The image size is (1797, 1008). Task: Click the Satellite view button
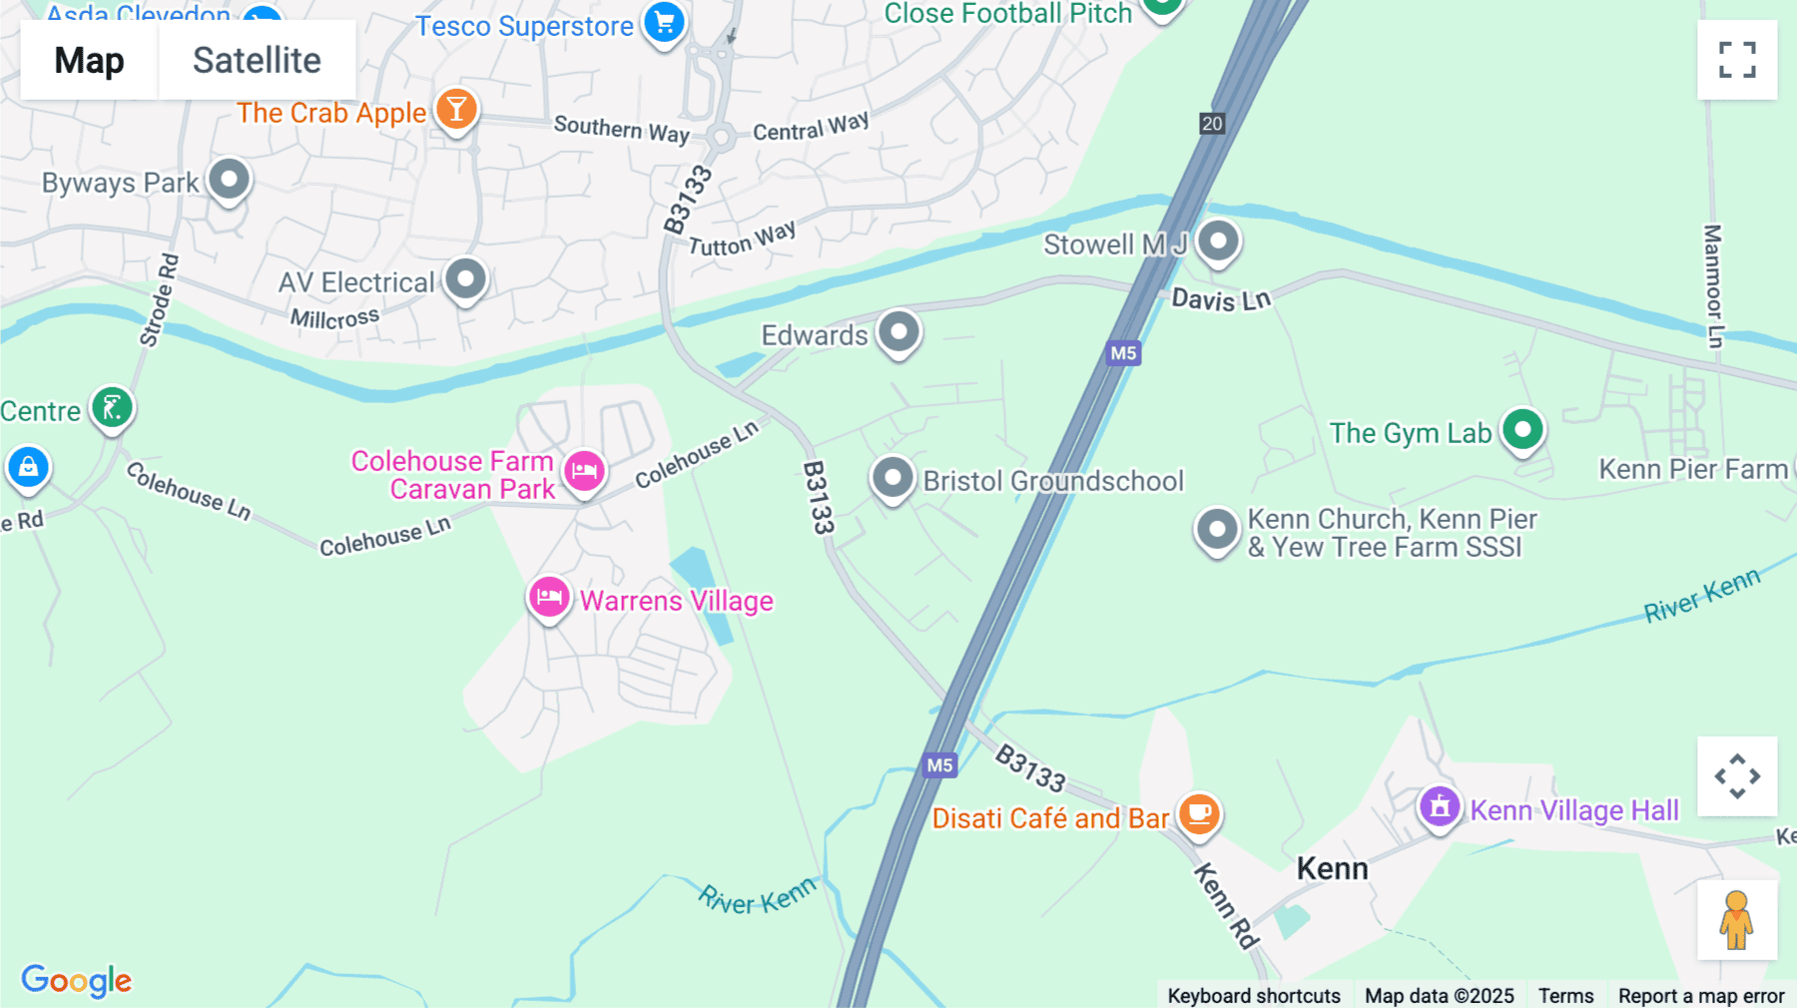pos(257,60)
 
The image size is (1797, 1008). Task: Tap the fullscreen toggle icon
pos(1737,60)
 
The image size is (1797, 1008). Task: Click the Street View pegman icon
pos(1736,920)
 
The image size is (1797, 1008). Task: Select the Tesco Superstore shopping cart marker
pos(664,22)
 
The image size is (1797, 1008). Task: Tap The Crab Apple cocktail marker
pos(456,110)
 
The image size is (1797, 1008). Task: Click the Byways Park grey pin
pos(229,180)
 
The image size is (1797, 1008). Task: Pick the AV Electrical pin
pos(465,279)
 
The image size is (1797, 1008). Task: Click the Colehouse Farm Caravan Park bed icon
pos(584,470)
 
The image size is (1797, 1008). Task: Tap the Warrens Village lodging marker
pos(549,598)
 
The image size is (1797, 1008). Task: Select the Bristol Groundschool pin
pos(893,478)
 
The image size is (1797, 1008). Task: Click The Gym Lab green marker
pos(1522,431)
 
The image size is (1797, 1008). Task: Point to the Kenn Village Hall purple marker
pos(1440,805)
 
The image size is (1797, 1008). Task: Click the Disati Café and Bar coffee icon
pos(1199,814)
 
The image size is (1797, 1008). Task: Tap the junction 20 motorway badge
pos(1212,124)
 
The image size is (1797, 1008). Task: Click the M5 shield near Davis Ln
pos(1123,352)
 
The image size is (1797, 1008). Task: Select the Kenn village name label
pos(1332,868)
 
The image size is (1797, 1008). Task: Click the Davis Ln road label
pos(1220,299)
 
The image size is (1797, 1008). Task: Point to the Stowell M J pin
pos(1218,242)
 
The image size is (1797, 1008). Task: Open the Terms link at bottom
pos(1565,995)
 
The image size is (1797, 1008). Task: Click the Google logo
pos(77,980)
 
